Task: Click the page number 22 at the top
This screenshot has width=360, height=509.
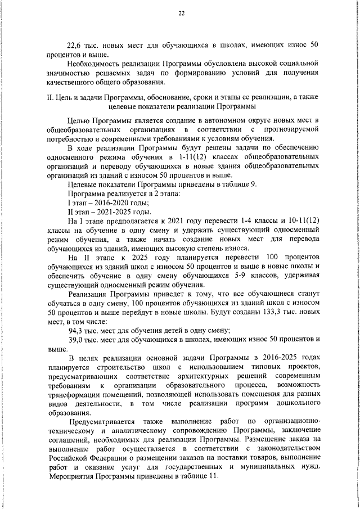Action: [x=181, y=13]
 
